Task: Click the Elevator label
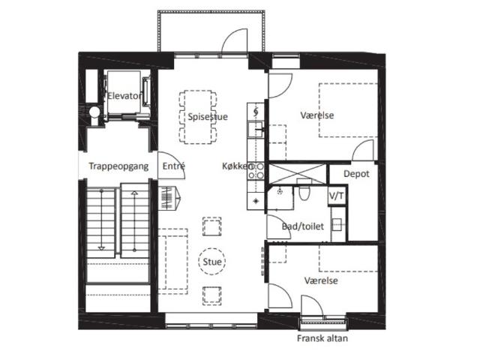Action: [124, 96]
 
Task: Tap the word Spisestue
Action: [208, 117]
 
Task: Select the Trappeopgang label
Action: [118, 166]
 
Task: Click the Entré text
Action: [173, 166]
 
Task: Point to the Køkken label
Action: [238, 166]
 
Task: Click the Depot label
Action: [356, 174]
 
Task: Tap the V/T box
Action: [337, 196]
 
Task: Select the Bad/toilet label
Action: [303, 226]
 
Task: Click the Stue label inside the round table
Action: [212, 262]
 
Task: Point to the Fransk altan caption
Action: [322, 338]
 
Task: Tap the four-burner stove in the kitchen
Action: [256, 171]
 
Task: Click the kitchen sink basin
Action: [255, 128]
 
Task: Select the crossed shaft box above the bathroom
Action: [297, 174]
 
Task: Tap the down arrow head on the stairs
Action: [101, 248]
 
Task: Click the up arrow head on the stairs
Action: [134, 193]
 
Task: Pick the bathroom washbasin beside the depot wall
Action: [337, 224]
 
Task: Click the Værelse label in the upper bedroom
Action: [317, 115]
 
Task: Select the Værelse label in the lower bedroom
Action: [321, 280]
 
